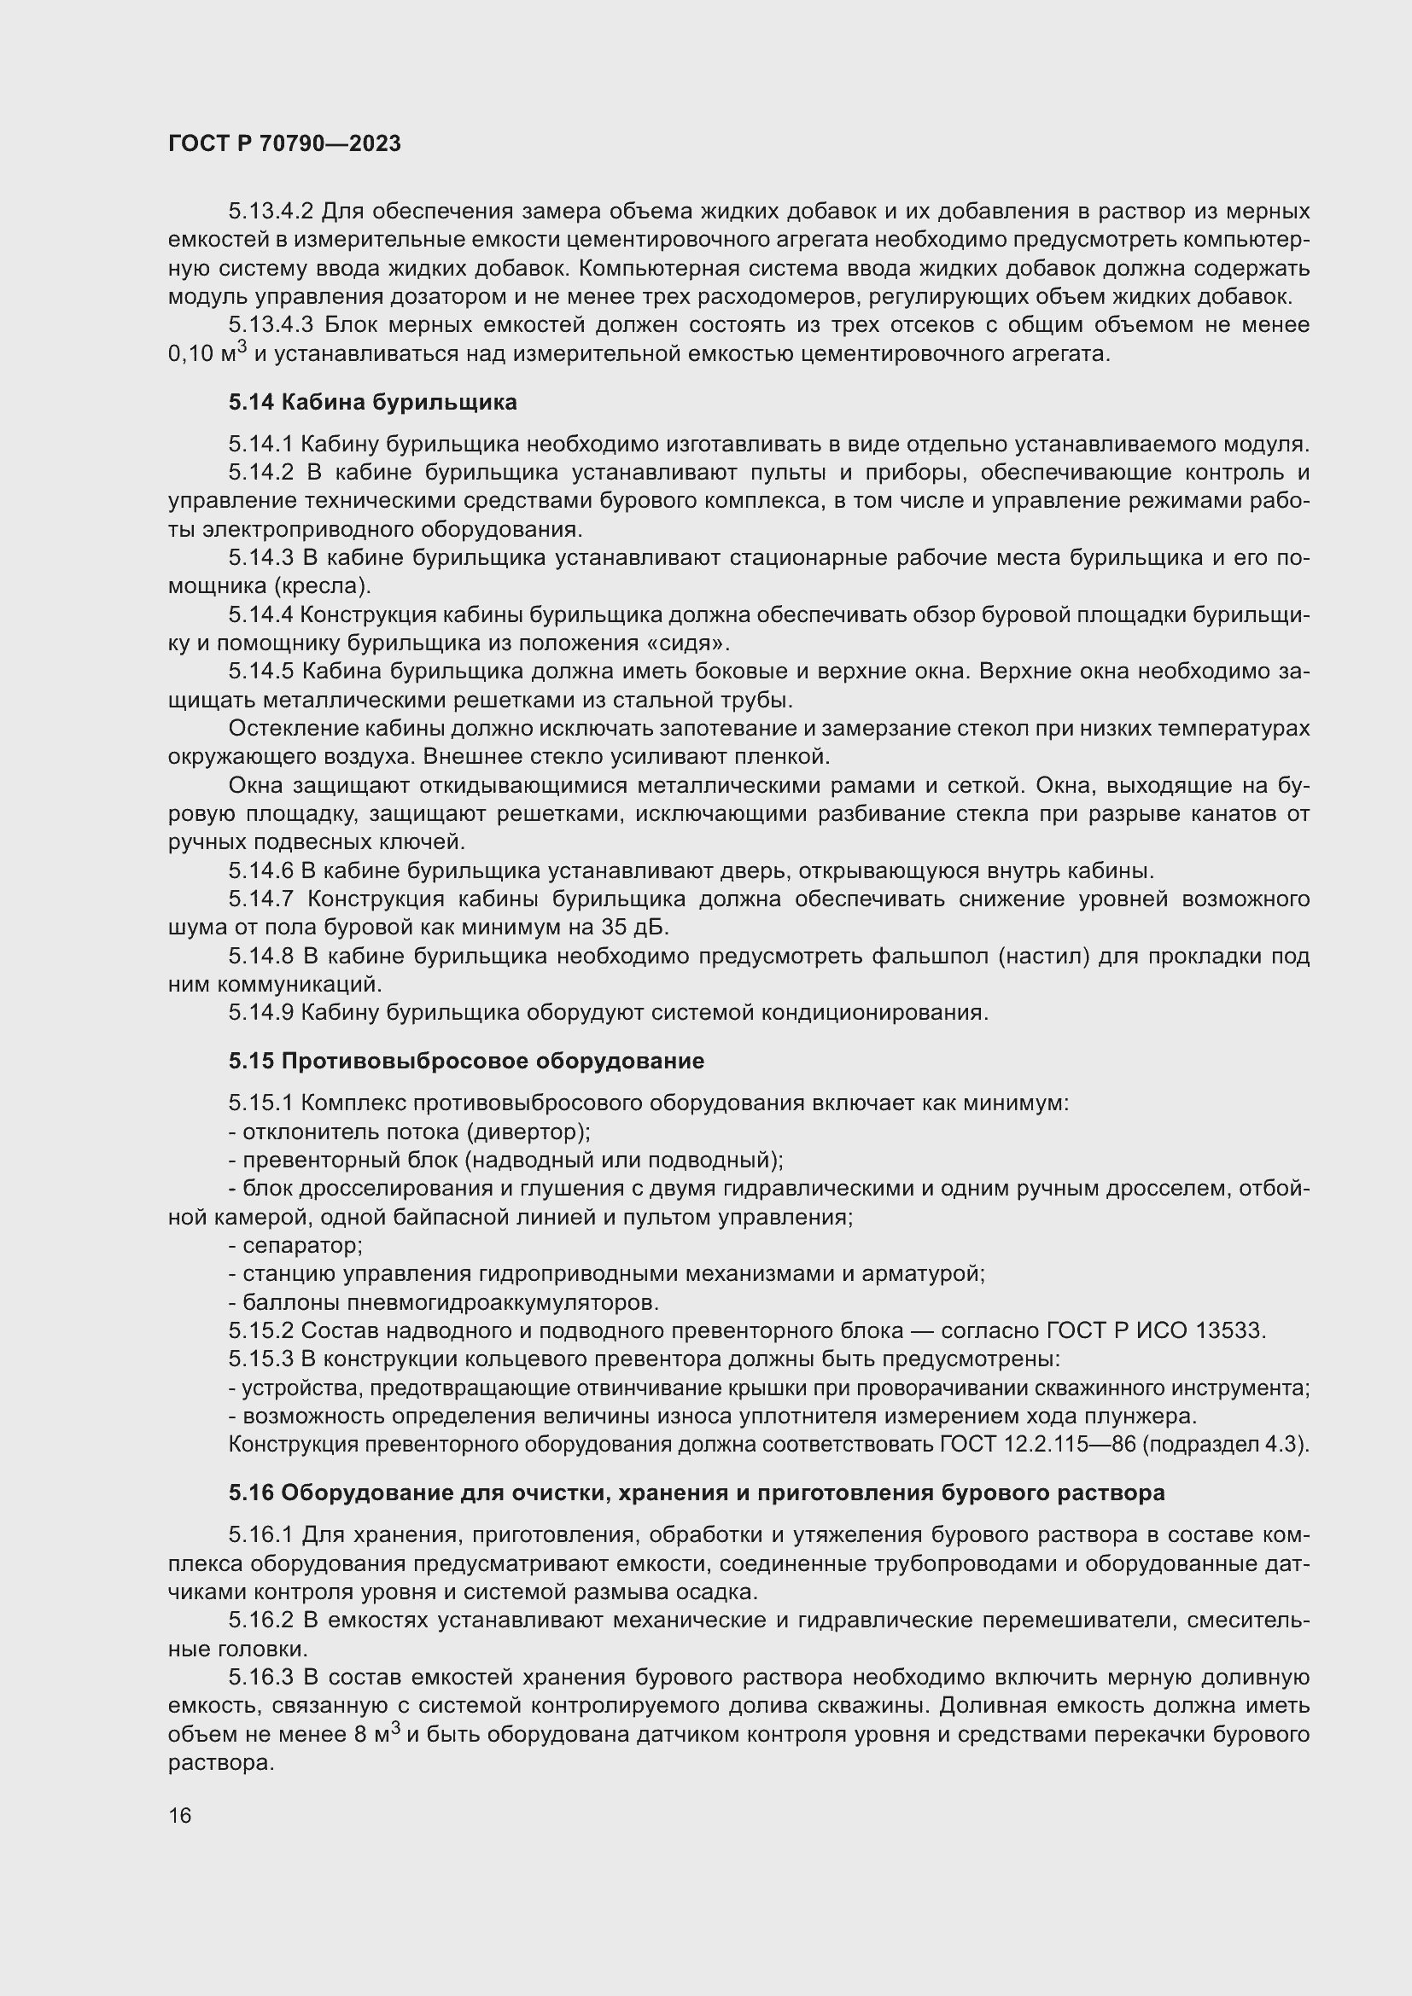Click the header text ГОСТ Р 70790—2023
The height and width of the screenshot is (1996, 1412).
tap(284, 143)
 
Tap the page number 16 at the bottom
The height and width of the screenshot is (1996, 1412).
tap(180, 1815)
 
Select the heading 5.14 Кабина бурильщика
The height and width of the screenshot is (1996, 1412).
tap(373, 402)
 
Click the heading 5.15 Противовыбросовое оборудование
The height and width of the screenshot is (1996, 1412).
tap(466, 1061)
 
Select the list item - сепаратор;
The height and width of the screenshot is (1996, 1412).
tap(295, 1246)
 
